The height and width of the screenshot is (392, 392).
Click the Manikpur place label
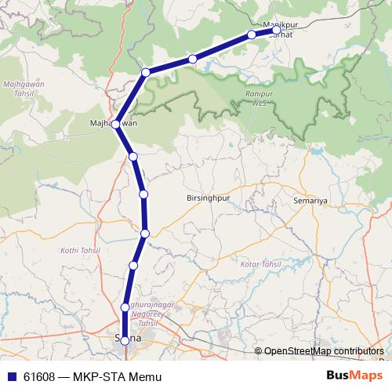click(x=278, y=24)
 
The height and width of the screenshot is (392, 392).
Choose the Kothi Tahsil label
click(x=77, y=250)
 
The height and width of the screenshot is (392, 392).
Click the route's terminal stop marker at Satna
click(x=125, y=340)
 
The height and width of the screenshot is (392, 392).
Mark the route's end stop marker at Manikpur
click(x=276, y=31)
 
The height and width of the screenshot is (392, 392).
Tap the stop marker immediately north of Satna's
click(x=125, y=307)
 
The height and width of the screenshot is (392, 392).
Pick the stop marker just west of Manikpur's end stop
click(x=252, y=34)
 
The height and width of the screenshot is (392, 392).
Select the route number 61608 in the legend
click(x=38, y=376)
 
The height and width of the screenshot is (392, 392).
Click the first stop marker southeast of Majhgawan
click(x=133, y=157)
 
